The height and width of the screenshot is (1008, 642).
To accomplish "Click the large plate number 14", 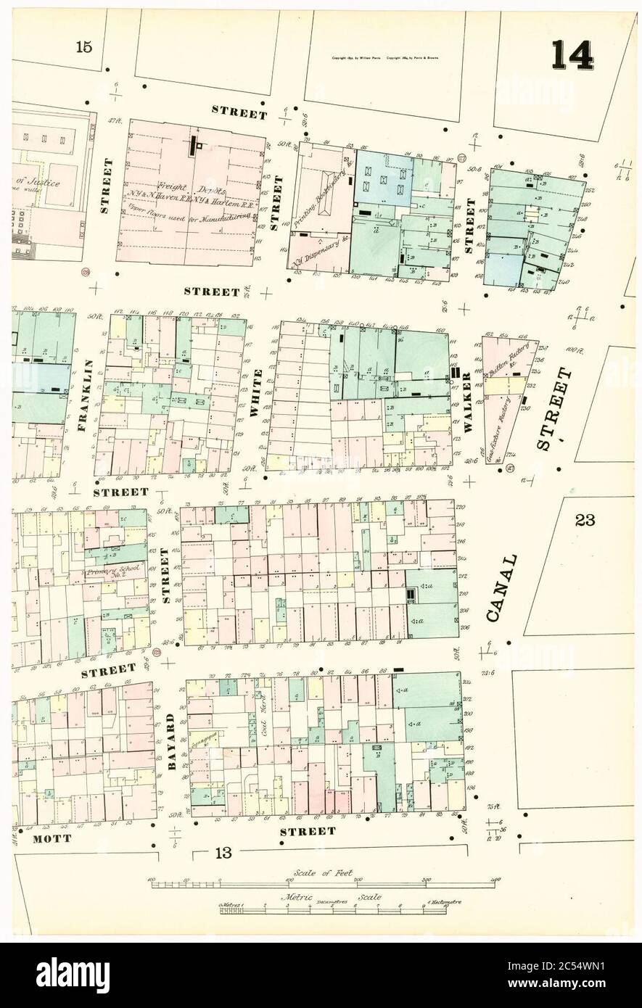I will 572,56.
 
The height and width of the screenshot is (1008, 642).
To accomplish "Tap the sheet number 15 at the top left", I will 83,48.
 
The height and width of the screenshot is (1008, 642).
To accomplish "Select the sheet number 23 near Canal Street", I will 585,519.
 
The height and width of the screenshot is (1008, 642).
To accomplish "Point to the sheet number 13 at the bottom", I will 222,853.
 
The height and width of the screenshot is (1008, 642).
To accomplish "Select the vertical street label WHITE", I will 255,392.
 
